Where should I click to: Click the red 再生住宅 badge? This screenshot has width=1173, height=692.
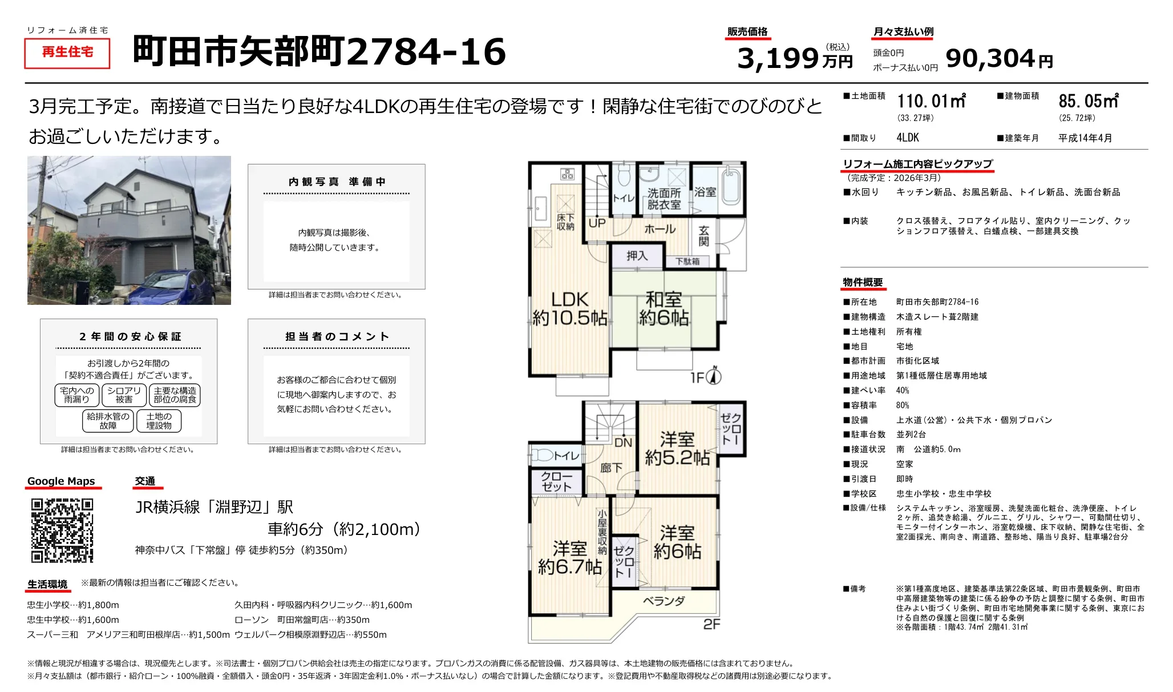67,53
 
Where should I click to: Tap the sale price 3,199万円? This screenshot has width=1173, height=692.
794,58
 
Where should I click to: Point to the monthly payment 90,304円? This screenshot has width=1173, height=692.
998,58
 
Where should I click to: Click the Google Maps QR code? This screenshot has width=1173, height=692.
62,530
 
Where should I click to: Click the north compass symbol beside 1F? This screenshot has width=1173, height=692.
714,376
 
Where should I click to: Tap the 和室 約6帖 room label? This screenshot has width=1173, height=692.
664,309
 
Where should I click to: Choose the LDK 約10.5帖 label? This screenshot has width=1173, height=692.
569,309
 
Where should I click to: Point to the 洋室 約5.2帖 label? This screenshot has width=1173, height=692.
677,448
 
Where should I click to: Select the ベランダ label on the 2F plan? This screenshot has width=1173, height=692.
664,601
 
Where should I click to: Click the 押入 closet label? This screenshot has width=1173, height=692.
637,256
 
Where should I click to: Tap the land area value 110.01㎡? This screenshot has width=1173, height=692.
931,102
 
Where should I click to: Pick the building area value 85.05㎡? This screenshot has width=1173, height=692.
1088,102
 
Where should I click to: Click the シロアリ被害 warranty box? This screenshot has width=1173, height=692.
124,395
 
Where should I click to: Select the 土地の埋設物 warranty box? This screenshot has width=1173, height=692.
159,421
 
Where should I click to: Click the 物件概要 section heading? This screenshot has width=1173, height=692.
863,283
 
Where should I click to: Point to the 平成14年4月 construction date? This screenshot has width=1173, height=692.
1085,138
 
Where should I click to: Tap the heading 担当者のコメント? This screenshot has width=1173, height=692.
337,337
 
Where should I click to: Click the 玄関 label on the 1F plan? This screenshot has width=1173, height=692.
703,235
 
